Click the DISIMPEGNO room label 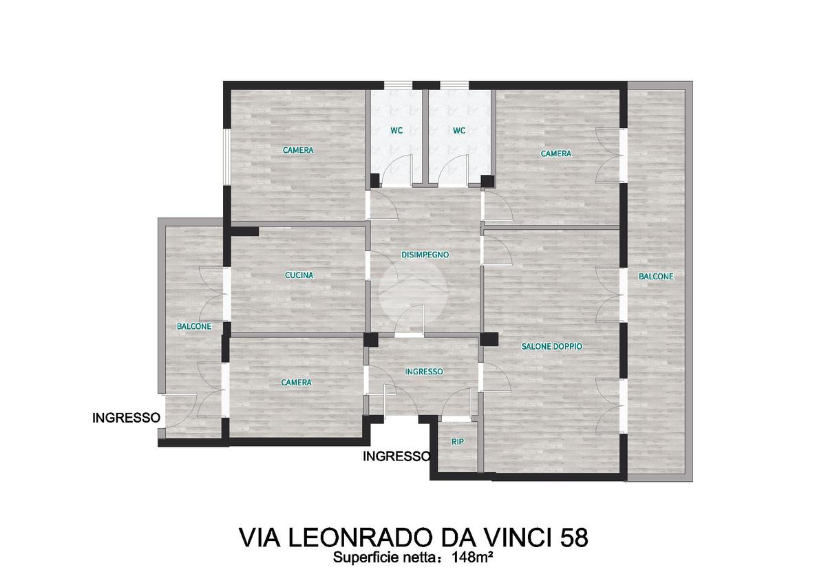425,255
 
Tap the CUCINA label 299,275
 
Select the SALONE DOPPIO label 551,346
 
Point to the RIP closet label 458,442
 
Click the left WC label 396,131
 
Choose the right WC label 459,131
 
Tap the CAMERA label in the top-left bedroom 298,151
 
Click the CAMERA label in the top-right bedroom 555,153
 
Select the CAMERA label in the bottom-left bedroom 296,383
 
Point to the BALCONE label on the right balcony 656,277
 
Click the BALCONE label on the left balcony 194,327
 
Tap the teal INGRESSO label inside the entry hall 424,372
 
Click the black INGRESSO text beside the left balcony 126,418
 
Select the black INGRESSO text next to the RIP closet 396,456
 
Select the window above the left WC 399,85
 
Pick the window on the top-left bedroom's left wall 227,157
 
